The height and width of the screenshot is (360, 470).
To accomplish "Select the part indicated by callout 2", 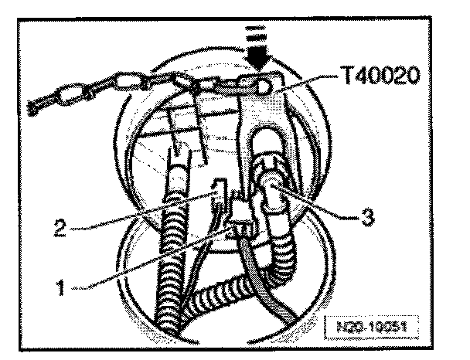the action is (x=218, y=193).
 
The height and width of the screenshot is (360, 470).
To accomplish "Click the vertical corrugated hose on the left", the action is (x=172, y=247).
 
